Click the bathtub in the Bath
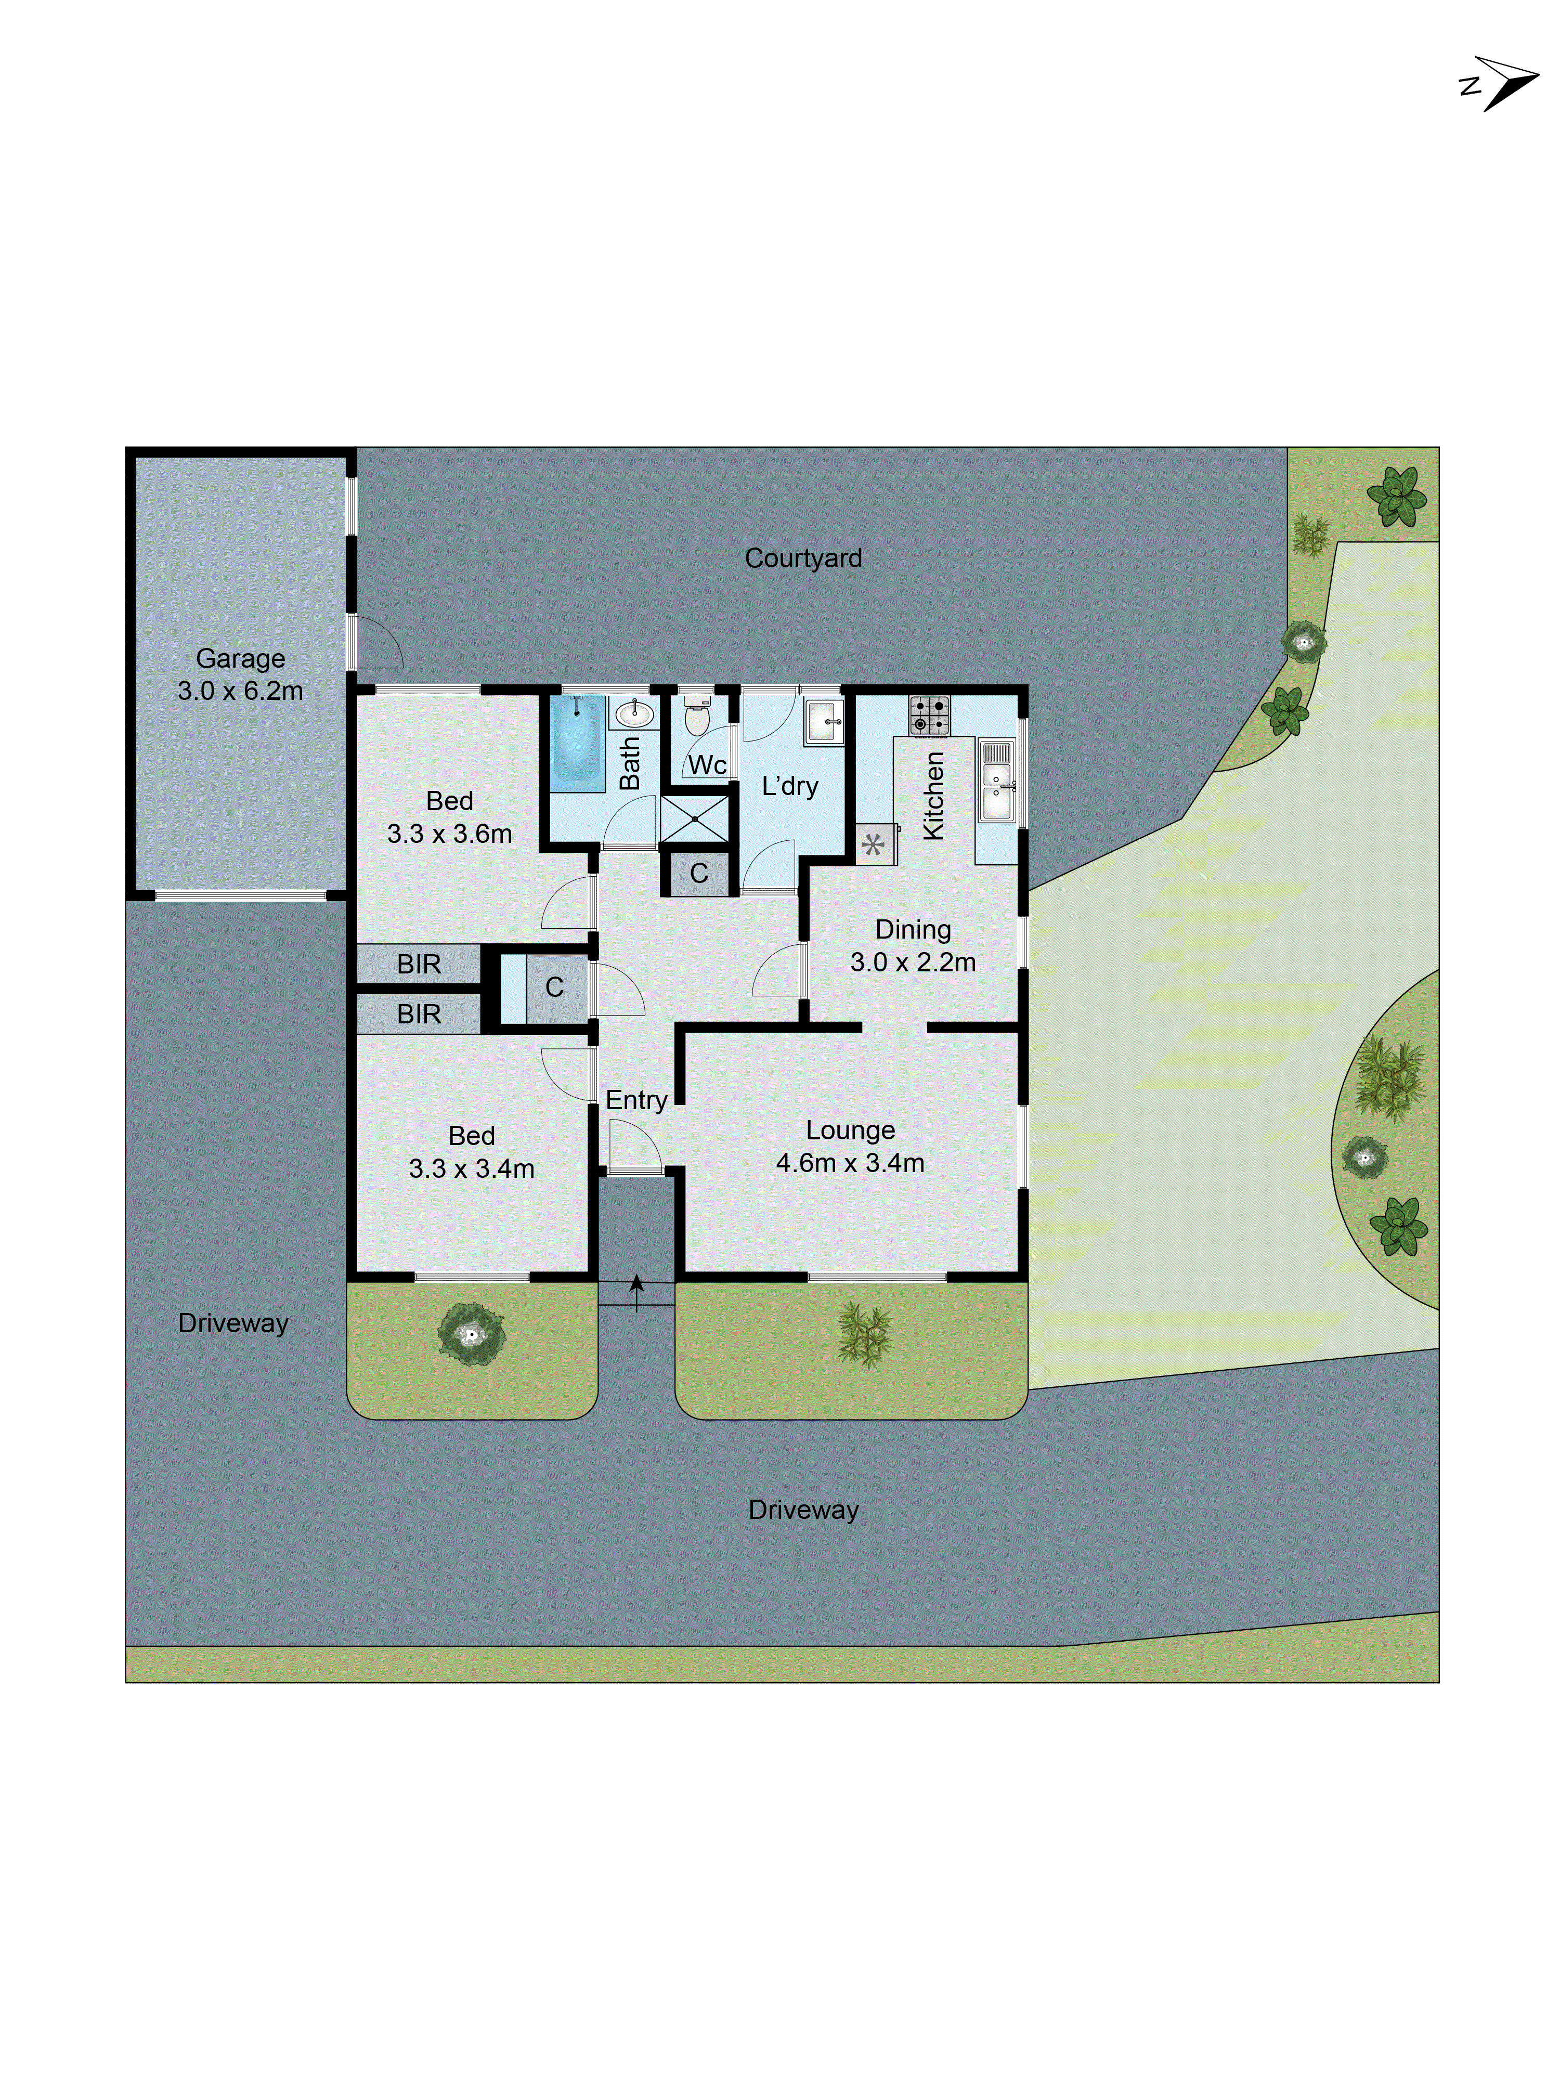coord(576,739)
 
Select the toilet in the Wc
coord(696,718)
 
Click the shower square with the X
coord(695,818)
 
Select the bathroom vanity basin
coord(634,714)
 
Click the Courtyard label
coord(803,558)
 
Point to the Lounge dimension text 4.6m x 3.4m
coord(850,1163)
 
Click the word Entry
coord(636,1100)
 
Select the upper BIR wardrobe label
coord(419,964)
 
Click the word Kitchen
coord(933,796)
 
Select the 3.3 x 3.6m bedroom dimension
coord(449,834)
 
